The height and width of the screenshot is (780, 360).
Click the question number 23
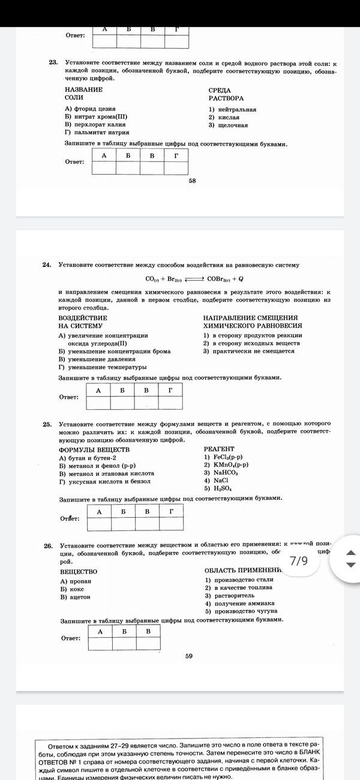click(x=52, y=62)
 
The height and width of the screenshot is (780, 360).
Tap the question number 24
click(x=47, y=265)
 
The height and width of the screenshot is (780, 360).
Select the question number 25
click(x=47, y=424)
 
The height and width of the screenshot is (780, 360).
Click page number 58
click(x=192, y=181)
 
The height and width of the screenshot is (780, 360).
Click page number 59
click(x=189, y=656)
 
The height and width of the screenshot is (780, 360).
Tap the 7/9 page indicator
click(x=298, y=561)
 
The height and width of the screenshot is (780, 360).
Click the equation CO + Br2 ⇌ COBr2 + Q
click(x=194, y=278)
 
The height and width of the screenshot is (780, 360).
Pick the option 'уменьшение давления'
click(x=97, y=359)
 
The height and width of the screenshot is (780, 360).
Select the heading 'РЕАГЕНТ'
click(x=219, y=449)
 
